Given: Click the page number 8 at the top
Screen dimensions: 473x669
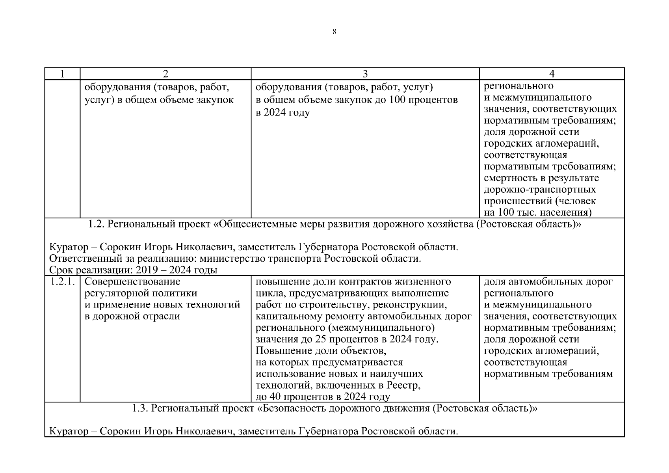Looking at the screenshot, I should [334, 32].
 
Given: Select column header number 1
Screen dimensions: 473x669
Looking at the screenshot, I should [62, 74].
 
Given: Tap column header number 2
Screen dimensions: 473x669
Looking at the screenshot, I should [165, 74].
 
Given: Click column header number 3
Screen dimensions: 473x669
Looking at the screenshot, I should [365, 74].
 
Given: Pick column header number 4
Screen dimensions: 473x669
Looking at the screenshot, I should [552, 74].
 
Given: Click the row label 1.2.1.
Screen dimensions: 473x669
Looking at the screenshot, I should [62, 282].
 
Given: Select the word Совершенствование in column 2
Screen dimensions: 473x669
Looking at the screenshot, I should [132, 282].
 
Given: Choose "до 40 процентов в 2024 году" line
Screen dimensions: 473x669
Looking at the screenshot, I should [323, 397].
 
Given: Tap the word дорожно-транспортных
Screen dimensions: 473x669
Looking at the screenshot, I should [540, 190].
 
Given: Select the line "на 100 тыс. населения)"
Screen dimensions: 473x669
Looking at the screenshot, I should [538, 213].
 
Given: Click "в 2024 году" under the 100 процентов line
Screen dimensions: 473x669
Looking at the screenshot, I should [282, 113].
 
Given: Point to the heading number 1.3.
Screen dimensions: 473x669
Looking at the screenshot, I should [140, 408].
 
